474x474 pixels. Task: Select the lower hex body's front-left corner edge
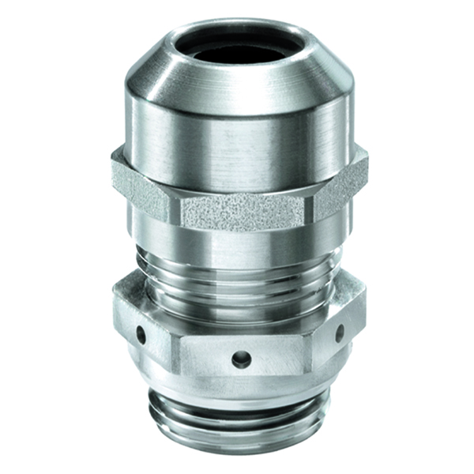(x=173, y=340)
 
